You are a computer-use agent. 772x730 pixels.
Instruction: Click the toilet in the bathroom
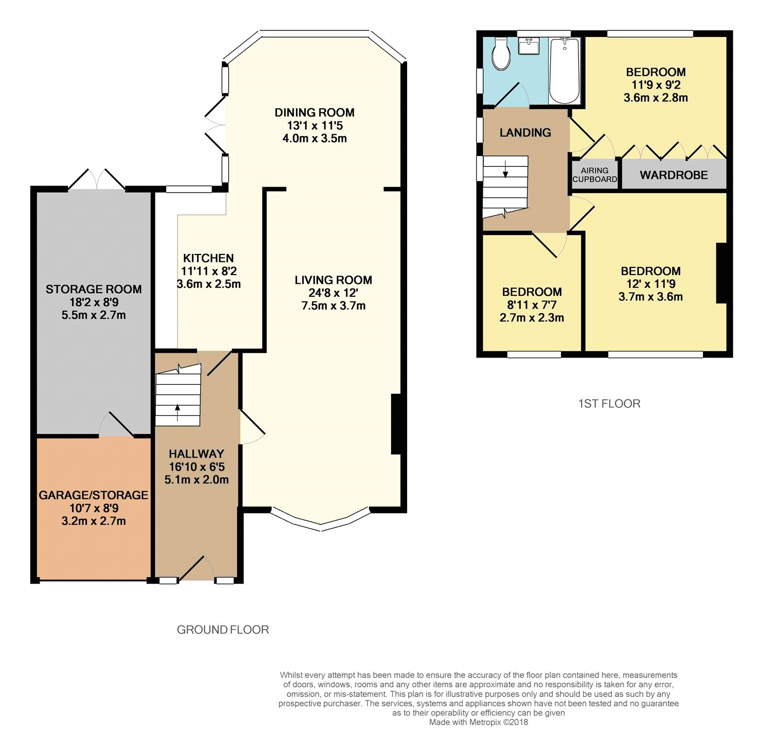501,55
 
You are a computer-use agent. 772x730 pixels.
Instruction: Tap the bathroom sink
529,46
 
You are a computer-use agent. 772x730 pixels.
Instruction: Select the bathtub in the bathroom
565,71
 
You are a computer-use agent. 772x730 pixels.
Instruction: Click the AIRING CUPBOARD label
595,175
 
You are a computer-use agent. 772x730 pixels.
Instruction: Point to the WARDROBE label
674,175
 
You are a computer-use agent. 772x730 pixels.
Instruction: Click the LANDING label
525,133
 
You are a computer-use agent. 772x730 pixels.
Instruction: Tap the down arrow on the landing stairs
505,169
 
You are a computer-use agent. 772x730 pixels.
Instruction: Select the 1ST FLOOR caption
609,403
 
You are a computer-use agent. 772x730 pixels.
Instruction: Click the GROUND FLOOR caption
223,630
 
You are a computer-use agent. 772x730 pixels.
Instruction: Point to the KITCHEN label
208,258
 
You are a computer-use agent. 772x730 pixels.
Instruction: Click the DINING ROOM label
314,112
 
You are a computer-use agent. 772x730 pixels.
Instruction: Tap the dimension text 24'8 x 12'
333,293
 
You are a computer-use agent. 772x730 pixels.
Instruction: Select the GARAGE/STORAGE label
93,495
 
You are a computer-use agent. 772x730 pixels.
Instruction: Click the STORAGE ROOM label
94,289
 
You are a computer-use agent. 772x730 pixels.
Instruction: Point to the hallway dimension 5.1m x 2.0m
196,480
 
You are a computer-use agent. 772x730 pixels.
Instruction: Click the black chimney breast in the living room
396,424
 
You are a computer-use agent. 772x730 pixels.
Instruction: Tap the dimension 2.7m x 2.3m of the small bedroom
531,317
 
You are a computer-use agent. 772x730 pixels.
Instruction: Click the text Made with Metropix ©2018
479,722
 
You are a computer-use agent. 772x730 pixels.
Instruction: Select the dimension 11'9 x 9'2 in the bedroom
656,85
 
